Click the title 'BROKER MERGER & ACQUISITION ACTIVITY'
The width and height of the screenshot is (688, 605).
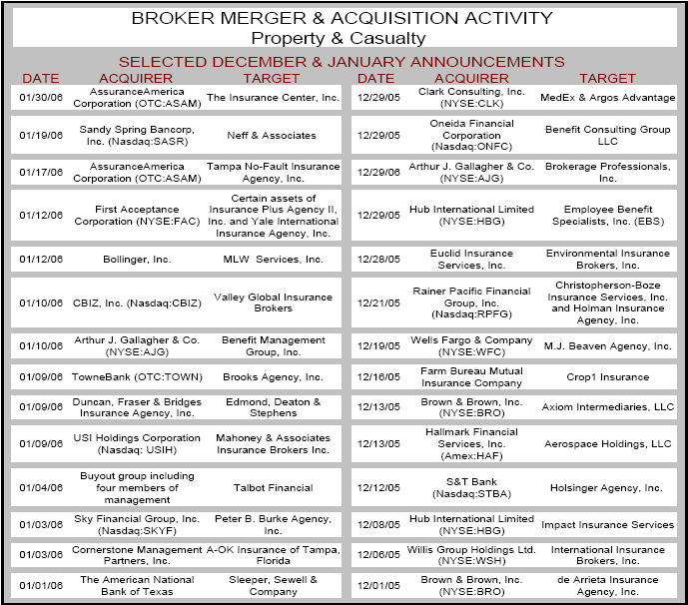(342, 18)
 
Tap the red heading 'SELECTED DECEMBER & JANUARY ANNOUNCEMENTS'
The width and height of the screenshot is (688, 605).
(342, 62)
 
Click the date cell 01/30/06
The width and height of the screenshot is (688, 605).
(41, 98)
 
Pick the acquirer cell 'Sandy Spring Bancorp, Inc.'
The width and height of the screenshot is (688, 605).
(136, 135)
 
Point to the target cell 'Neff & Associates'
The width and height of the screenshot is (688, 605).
(273, 135)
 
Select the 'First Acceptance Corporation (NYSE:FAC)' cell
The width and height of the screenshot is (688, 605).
(136, 216)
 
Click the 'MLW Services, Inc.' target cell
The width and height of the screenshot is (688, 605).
(273, 260)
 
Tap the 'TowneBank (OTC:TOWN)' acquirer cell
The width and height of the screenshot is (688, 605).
(136, 377)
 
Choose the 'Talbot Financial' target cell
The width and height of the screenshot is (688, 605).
(273, 488)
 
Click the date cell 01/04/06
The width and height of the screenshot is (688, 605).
(41, 488)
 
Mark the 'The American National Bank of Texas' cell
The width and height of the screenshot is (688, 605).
(136, 585)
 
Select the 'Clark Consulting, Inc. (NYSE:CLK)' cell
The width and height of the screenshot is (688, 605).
(472, 97)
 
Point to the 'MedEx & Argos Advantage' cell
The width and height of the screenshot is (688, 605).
(607, 98)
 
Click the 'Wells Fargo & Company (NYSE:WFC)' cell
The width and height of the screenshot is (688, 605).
(472, 345)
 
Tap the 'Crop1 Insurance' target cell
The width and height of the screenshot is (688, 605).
(607, 377)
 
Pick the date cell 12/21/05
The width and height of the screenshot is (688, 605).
(376, 302)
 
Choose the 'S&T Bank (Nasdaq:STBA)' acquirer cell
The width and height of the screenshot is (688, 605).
(472, 488)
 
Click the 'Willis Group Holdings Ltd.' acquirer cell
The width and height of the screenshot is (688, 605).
(472, 549)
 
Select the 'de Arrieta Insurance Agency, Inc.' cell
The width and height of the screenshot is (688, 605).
(607, 585)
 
